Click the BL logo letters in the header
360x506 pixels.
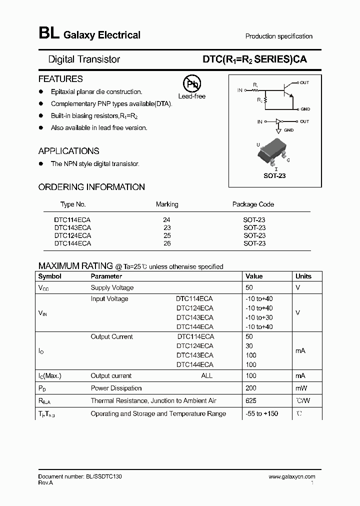click(48, 34)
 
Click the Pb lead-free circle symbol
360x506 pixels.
click(191, 84)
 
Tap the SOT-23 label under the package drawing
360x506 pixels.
click(274, 176)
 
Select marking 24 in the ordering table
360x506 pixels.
click(166, 219)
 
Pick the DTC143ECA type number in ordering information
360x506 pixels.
click(72, 227)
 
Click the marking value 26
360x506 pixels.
click(166, 243)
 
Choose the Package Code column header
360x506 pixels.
click(253, 204)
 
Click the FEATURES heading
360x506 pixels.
click(60, 79)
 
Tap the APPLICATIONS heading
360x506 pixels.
click(68, 151)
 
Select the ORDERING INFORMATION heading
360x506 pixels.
click(91, 187)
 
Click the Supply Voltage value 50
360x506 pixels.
click(249, 287)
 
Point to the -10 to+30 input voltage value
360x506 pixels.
click(259, 317)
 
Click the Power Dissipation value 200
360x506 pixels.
click(251, 388)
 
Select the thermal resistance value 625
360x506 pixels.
click(251, 400)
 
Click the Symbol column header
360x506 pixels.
click(50, 276)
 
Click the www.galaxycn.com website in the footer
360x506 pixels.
click(292, 477)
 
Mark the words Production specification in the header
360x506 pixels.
click(278, 36)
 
